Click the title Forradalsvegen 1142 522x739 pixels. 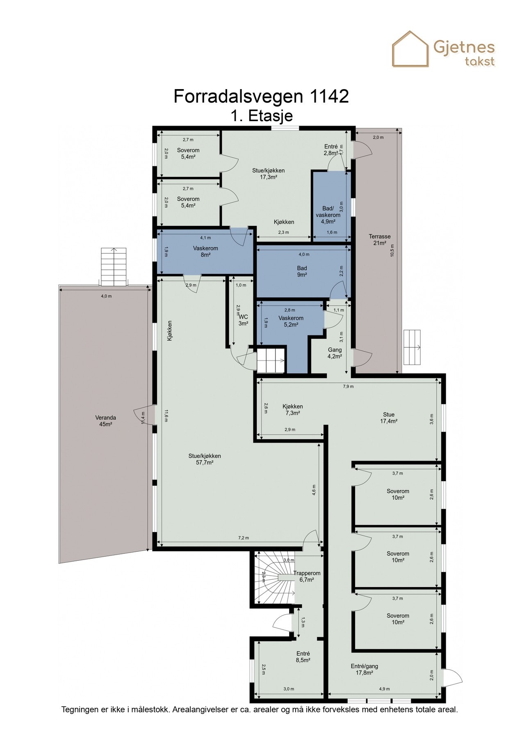coord(261,96)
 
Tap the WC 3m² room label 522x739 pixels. coord(243,320)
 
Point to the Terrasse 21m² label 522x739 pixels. coord(379,240)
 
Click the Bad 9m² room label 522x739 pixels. coord(302,271)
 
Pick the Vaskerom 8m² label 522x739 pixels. coord(205,251)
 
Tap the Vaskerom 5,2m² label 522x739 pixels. coord(291,321)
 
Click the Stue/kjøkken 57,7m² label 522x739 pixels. coord(205,459)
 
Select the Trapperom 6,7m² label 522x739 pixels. coord(307,576)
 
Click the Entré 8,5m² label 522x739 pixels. coord(303,657)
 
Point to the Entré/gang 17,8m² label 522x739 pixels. coord(364,669)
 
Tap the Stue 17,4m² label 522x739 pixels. coord(388,418)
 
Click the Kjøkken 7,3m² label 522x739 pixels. coord(292,410)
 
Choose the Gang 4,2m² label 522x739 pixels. coord(335,353)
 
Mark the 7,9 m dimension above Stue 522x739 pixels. coord(349,386)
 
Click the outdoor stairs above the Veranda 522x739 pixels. coord(114,267)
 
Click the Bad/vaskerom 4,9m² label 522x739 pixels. coord(328,215)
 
